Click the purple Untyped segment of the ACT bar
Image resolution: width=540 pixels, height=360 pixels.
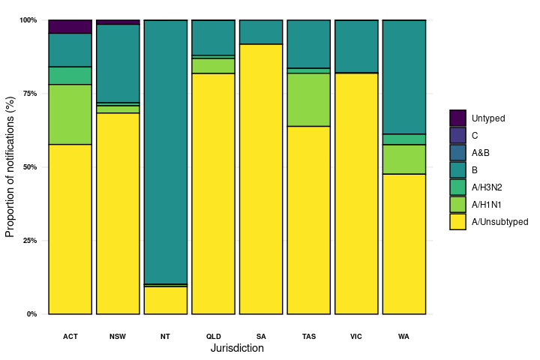coord(70,27)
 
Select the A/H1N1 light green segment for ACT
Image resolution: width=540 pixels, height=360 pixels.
coord(70,114)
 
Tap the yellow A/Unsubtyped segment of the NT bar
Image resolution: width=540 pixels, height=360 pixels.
coord(166,300)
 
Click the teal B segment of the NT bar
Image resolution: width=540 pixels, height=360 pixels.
coord(166,150)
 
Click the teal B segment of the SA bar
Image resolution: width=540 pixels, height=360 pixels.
coord(261,32)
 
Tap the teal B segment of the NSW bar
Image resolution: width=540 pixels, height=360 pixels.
coord(118,63)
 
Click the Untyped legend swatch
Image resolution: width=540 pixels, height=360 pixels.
coord(458,118)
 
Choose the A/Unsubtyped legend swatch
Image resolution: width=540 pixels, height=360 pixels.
coord(458,221)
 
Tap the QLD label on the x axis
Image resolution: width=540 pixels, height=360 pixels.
coord(214,336)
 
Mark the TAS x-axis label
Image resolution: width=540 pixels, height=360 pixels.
coord(309,336)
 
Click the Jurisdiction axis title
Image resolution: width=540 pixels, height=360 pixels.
coord(237,349)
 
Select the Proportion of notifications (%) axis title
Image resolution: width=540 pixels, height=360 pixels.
coord(10,166)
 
